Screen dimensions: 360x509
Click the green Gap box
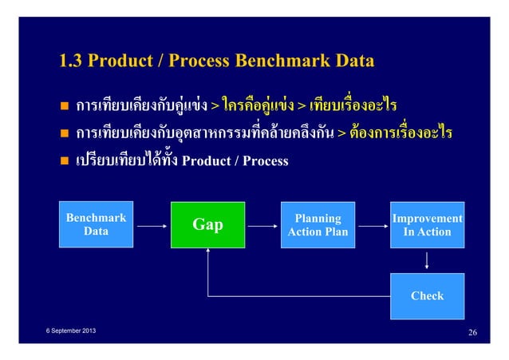[208, 224]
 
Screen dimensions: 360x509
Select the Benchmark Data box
[96, 224]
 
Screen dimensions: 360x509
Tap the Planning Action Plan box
[318, 224]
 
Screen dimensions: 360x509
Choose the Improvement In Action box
[427, 224]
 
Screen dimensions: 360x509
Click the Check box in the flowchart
[427, 295]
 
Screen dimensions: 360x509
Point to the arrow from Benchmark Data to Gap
[150, 225]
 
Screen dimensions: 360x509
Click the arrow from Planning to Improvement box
[369, 225]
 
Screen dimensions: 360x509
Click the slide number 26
[472, 331]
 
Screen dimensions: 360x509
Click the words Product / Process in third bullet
[235, 161]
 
